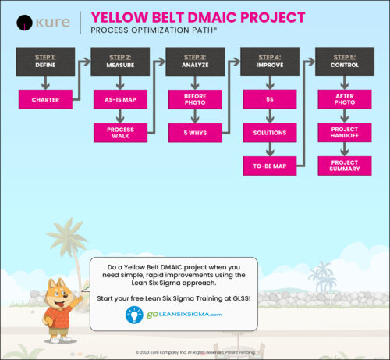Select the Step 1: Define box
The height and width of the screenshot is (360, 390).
[x=45, y=61]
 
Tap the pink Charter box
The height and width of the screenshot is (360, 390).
[x=45, y=99]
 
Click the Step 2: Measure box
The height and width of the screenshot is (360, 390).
[x=119, y=61]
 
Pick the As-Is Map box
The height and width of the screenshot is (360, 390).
[x=119, y=99]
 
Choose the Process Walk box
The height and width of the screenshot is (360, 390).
[x=119, y=133]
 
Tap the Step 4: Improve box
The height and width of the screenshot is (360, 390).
[x=268, y=61]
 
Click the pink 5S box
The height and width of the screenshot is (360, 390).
[x=268, y=99]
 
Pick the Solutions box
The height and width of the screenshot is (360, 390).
[x=268, y=133]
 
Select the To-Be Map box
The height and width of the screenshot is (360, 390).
[x=268, y=166]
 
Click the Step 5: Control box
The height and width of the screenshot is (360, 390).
[x=343, y=61]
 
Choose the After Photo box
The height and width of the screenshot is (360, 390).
[x=343, y=99]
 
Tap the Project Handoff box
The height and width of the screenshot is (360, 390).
[x=343, y=133]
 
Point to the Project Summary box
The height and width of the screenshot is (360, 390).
[x=343, y=166]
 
